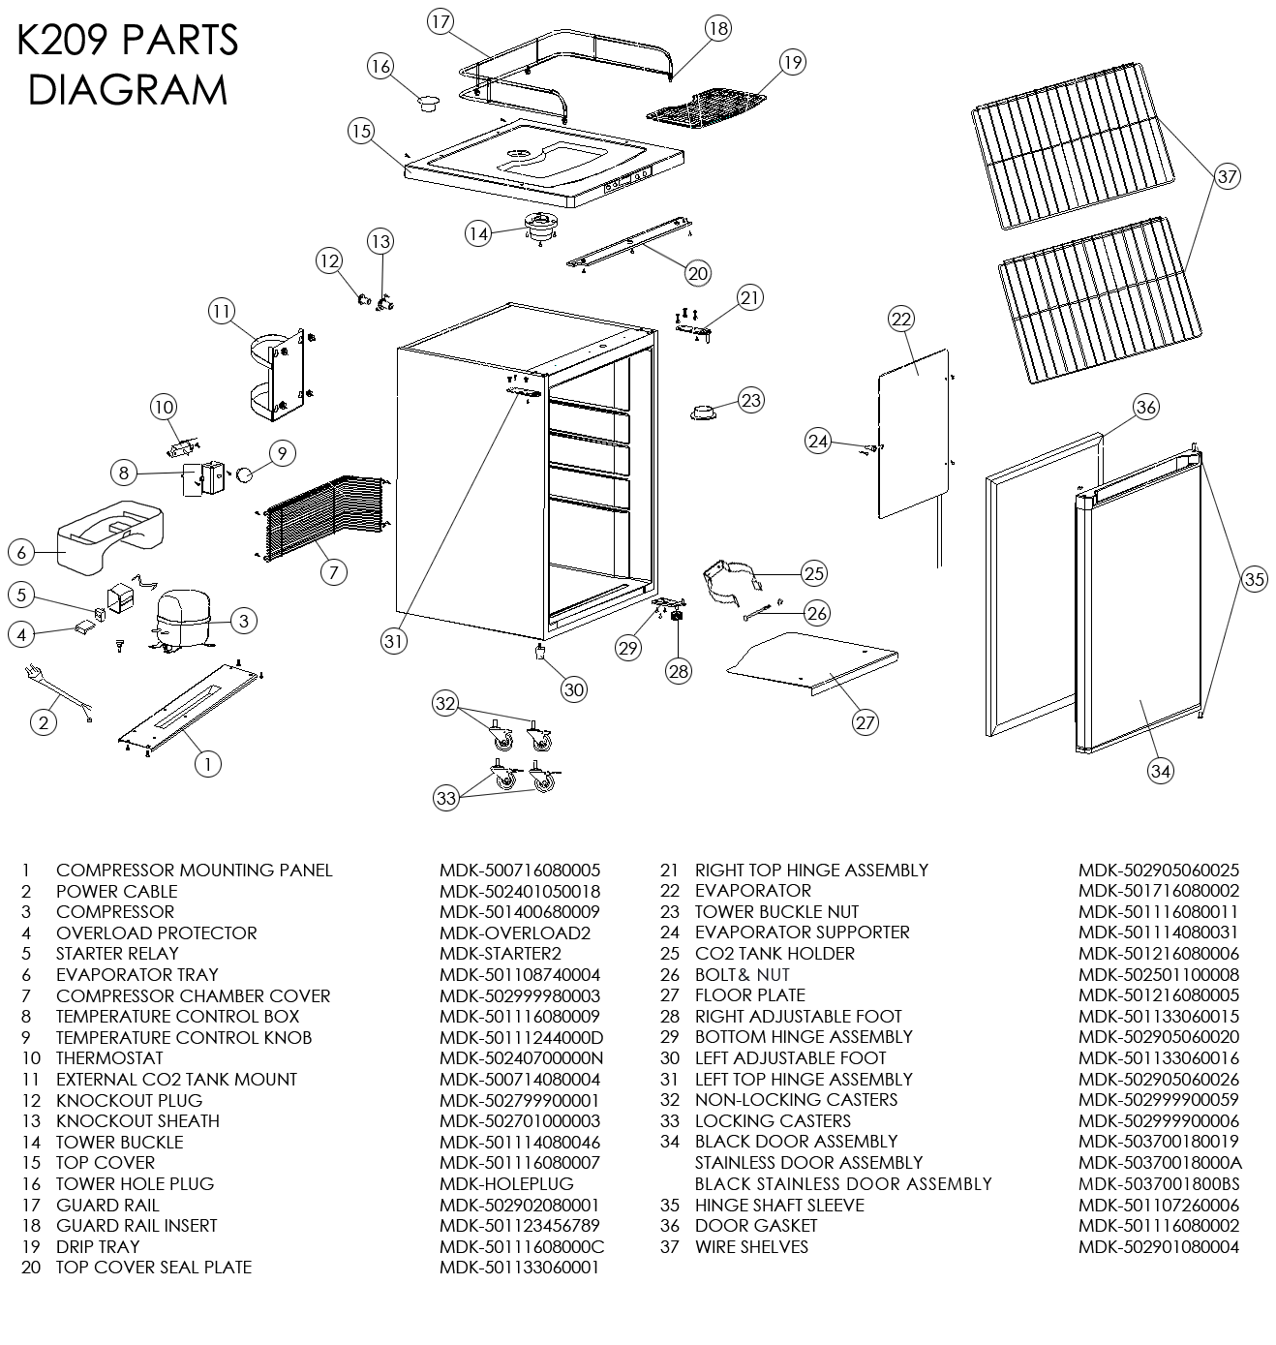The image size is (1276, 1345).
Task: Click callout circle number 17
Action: click(x=441, y=22)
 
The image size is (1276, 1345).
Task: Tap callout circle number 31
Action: click(x=393, y=640)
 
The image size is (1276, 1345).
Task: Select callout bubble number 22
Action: click(x=901, y=320)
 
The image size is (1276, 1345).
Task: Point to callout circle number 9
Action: click(x=282, y=452)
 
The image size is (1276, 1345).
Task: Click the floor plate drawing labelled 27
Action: click(x=813, y=661)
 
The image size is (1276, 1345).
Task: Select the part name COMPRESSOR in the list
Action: click(x=115, y=912)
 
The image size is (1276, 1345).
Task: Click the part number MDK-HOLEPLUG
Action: click(x=506, y=1184)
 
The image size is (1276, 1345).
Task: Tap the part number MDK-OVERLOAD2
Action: click(x=514, y=933)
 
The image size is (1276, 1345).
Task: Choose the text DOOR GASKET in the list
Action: click(x=756, y=1226)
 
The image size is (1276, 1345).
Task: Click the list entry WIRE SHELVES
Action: click(x=751, y=1247)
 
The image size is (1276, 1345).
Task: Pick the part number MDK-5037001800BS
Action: click(x=1159, y=1184)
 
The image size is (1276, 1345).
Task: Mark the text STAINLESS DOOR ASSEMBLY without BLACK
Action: click(x=808, y=1163)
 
